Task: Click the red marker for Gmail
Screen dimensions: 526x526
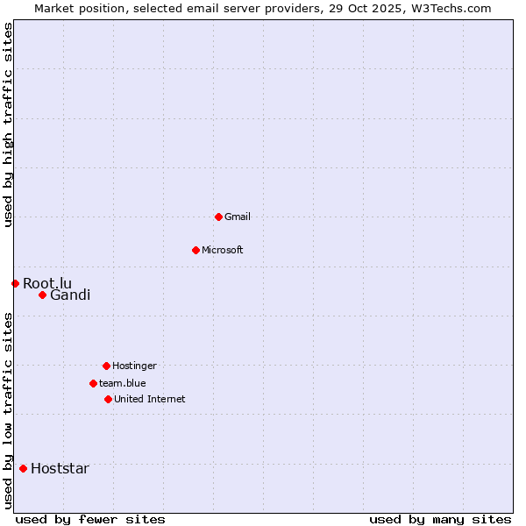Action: point(218,217)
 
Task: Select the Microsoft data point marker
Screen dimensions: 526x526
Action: point(195,250)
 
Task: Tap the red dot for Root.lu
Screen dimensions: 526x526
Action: point(15,283)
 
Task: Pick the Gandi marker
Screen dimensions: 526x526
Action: point(42,295)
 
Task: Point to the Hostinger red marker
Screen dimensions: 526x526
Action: point(106,366)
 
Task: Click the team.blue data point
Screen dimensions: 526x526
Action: point(93,383)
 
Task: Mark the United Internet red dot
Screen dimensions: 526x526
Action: point(108,399)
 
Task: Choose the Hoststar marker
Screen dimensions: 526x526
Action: point(23,468)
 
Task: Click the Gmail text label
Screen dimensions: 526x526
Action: point(238,217)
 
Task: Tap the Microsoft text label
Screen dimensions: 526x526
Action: point(223,250)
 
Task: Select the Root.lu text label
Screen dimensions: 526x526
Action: point(47,283)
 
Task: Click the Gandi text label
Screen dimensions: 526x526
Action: point(70,295)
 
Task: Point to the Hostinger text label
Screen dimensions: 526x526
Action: point(134,366)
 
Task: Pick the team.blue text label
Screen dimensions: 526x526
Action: point(123,383)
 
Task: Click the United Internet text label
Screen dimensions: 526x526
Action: point(150,399)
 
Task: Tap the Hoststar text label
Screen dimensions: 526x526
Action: point(60,468)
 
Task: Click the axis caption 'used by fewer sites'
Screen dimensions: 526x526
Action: point(90,519)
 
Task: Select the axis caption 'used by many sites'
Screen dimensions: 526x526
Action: point(440,519)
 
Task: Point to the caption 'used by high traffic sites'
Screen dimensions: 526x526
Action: point(8,124)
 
